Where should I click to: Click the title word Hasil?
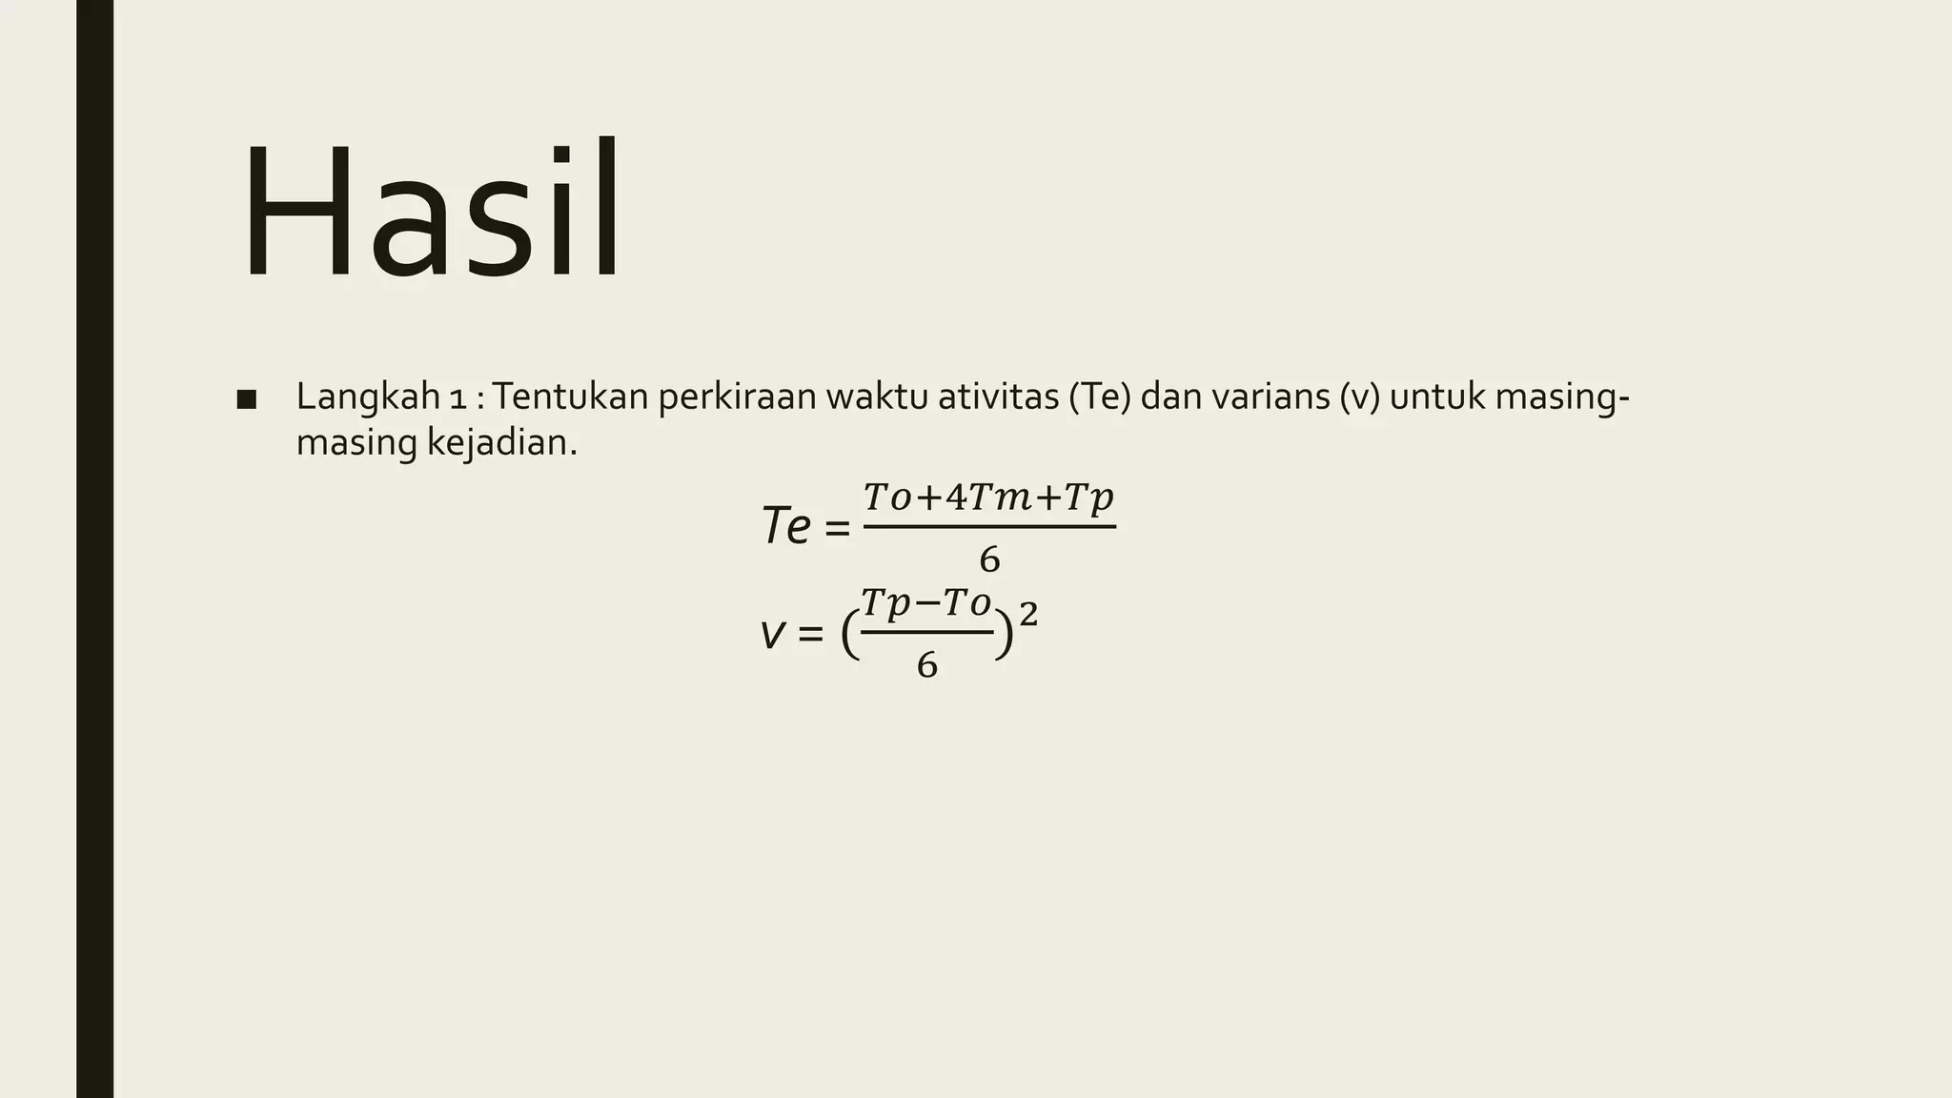point(432,212)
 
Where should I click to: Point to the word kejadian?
point(501,443)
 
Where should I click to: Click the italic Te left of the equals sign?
point(786,526)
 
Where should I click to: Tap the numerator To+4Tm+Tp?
point(988,498)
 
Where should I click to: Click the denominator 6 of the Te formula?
point(989,560)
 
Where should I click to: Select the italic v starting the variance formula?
point(771,633)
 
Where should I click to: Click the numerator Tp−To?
point(925,602)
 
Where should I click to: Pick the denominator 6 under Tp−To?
point(926,665)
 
